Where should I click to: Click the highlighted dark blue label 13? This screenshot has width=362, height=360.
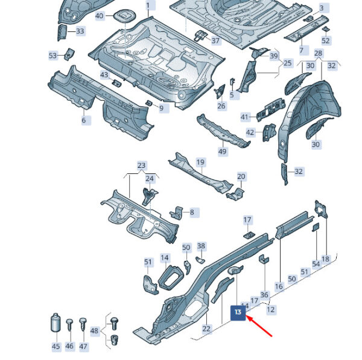click(238, 313)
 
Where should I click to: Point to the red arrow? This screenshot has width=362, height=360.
click(259, 327)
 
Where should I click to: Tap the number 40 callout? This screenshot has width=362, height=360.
click(100, 16)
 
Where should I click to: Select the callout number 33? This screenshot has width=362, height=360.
click(80, 31)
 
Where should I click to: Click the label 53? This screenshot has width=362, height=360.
click(52, 56)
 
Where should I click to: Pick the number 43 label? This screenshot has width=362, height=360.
click(104, 75)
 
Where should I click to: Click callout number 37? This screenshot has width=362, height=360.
click(215, 40)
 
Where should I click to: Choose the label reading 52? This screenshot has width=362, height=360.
click(326, 40)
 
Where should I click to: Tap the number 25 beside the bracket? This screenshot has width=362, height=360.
click(287, 63)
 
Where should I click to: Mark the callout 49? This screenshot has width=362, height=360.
click(222, 152)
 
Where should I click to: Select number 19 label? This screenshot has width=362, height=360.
click(200, 162)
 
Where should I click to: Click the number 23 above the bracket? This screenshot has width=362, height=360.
click(142, 166)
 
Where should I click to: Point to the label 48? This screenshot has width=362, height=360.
click(94, 330)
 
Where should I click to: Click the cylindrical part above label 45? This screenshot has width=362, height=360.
click(56, 323)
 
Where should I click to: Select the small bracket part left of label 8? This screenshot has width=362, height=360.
click(177, 213)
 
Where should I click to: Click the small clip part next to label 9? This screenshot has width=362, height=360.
click(148, 103)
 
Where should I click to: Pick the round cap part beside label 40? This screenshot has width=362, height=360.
click(124, 16)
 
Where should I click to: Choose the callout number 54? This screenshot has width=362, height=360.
click(316, 264)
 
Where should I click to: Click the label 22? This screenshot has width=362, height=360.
click(206, 329)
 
